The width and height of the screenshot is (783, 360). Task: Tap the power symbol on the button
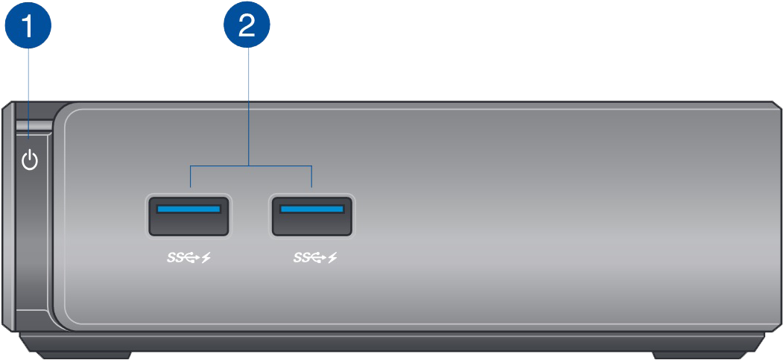30,161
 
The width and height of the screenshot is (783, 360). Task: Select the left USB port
188,215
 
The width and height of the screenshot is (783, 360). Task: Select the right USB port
312,215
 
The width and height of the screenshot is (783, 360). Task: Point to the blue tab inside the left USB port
188,209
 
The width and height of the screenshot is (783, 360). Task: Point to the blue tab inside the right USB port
312,209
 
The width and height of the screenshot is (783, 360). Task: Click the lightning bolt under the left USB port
206,258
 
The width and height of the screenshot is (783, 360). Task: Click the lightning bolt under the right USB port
332,258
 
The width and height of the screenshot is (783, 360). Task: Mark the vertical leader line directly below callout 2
249,107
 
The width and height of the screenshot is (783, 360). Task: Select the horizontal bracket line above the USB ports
250,165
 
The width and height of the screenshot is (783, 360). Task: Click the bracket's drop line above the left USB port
190,176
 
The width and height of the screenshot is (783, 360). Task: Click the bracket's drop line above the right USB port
311,176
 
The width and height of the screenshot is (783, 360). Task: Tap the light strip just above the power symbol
33,126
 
